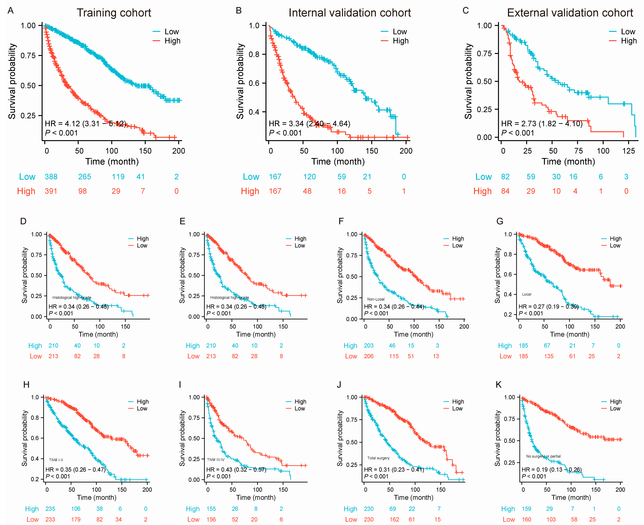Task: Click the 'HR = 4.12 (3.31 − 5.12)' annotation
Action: click(86, 124)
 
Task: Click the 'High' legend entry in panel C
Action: click(629, 41)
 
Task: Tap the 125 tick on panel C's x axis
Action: click(629, 151)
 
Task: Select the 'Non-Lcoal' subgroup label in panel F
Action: click(376, 299)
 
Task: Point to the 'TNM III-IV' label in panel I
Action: click(216, 460)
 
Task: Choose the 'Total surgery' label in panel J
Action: click(378, 458)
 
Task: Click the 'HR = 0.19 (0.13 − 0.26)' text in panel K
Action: click(551, 470)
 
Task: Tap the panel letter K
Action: click(499, 385)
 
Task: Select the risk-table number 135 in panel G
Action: click(549, 356)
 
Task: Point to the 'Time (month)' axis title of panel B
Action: click(338, 162)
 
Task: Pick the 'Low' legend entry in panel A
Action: click(171, 32)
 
